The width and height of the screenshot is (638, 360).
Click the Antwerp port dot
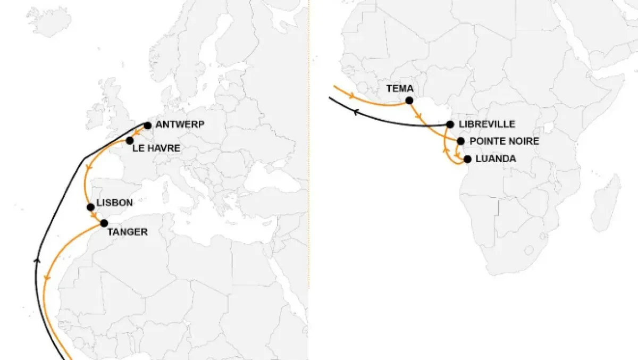[x=148, y=125]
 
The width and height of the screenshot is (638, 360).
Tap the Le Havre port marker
[x=129, y=140]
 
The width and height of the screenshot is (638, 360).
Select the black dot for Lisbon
[x=90, y=207]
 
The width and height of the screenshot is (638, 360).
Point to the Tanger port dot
[x=104, y=223]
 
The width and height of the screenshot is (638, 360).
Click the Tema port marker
[x=409, y=100]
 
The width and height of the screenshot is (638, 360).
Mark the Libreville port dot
[x=450, y=124]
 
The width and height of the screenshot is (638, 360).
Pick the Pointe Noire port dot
[x=460, y=141]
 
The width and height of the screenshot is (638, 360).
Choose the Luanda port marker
[x=467, y=159]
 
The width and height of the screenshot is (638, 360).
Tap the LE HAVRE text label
[x=156, y=148]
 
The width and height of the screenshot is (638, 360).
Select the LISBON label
[x=115, y=203]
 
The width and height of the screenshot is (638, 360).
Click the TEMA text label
[x=399, y=88]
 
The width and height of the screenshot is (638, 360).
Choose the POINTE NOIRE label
[x=505, y=141]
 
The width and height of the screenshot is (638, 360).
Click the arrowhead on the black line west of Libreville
[x=355, y=111]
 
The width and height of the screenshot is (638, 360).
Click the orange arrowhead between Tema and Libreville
[x=419, y=115]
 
